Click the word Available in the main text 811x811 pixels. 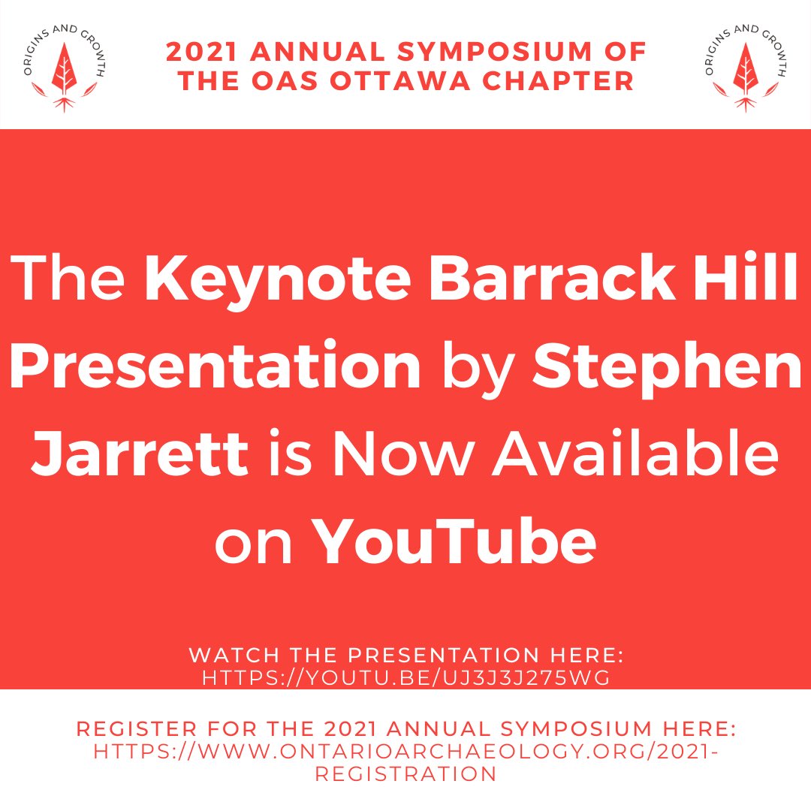pos(633,452)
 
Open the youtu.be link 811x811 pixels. pos(405,677)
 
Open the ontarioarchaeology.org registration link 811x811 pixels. pos(405,751)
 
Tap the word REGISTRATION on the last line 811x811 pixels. pos(405,774)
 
